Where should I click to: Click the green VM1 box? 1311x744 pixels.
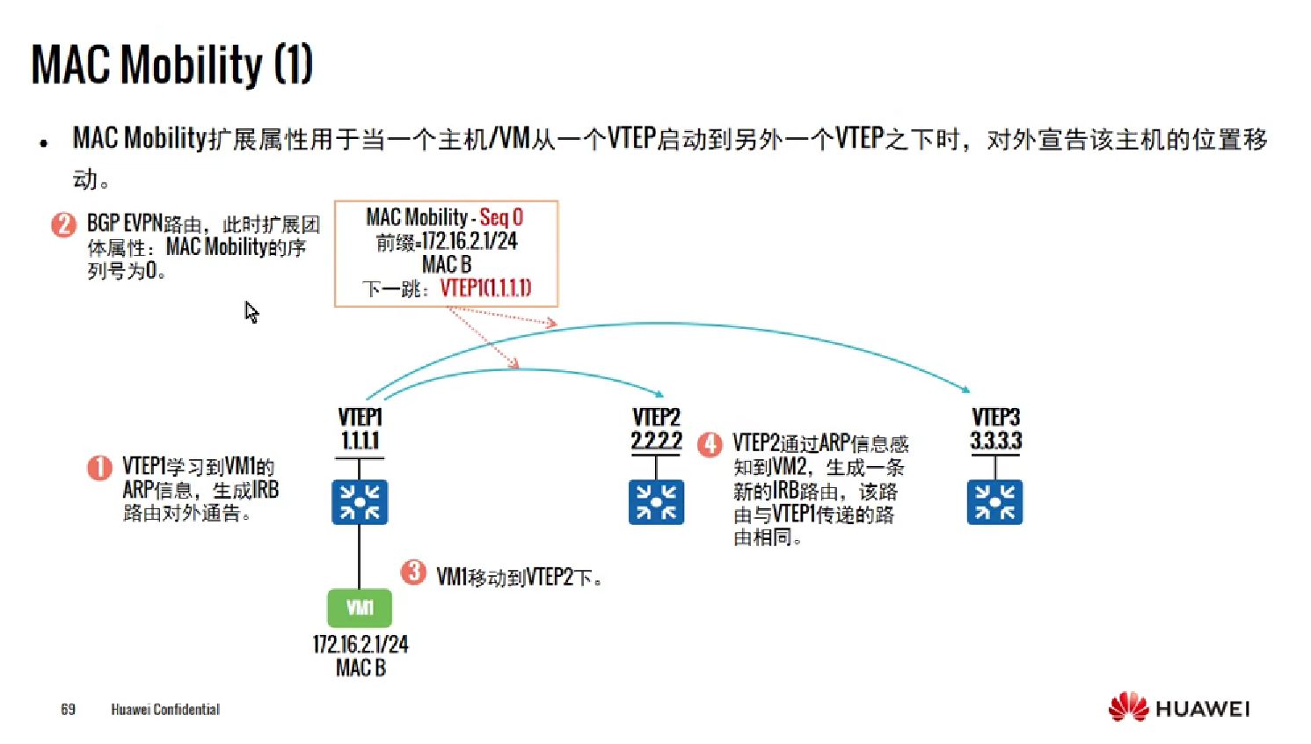point(360,608)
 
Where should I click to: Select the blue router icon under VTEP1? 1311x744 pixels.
point(360,502)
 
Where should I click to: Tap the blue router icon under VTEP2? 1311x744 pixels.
point(656,502)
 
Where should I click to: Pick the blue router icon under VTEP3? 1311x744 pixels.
point(994,502)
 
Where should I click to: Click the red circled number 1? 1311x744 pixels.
point(99,467)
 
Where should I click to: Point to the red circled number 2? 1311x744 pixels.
point(63,225)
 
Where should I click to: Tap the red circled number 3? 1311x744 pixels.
point(413,573)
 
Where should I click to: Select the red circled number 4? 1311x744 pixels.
point(710,444)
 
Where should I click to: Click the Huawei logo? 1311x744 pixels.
point(1178,708)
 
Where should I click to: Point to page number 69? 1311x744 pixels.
point(68,710)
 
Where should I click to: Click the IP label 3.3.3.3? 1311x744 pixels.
point(995,441)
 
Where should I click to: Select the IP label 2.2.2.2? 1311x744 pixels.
point(656,441)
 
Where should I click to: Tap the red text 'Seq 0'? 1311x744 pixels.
point(501,217)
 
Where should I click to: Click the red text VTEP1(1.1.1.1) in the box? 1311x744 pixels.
point(485,288)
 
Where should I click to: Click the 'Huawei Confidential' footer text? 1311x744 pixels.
point(165,710)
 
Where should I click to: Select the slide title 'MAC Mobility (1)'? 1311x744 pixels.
point(172,65)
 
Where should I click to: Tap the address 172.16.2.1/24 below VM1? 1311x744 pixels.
point(361,645)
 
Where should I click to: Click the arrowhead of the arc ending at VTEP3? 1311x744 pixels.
point(965,389)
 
